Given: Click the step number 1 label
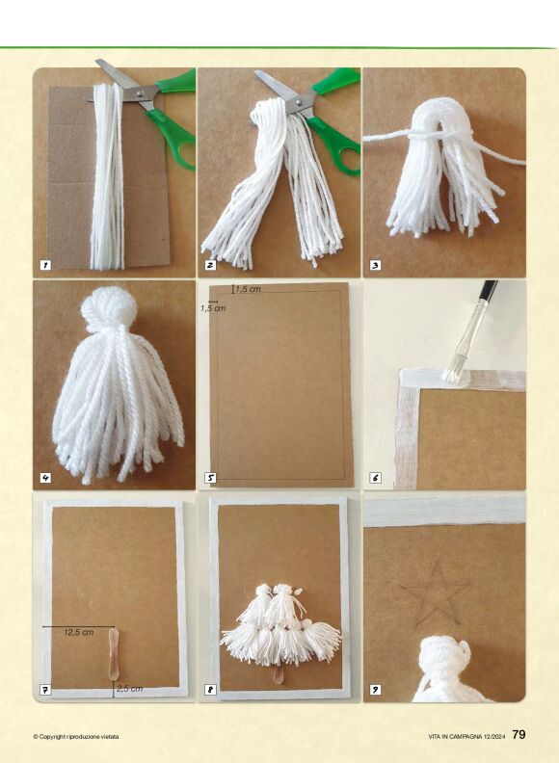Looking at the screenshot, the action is (45, 265).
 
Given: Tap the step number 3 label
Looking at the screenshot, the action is (376, 265).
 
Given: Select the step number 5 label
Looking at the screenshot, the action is (210, 478).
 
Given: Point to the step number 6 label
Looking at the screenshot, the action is (376, 478).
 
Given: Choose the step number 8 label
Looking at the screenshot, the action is (210, 690).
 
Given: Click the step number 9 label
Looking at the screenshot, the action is (376, 690).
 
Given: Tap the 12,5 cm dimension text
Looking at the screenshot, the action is (78, 632).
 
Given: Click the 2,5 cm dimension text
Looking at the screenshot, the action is (129, 689).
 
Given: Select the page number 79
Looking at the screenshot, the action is (519, 734).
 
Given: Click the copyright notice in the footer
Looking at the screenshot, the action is (76, 736).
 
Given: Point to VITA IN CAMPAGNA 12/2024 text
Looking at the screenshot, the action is (467, 736).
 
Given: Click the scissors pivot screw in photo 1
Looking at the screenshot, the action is (141, 92).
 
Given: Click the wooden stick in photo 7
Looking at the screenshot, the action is (113, 653).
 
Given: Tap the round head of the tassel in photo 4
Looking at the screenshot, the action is (109, 309).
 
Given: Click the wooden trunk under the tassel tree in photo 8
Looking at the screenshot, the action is (279, 674).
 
